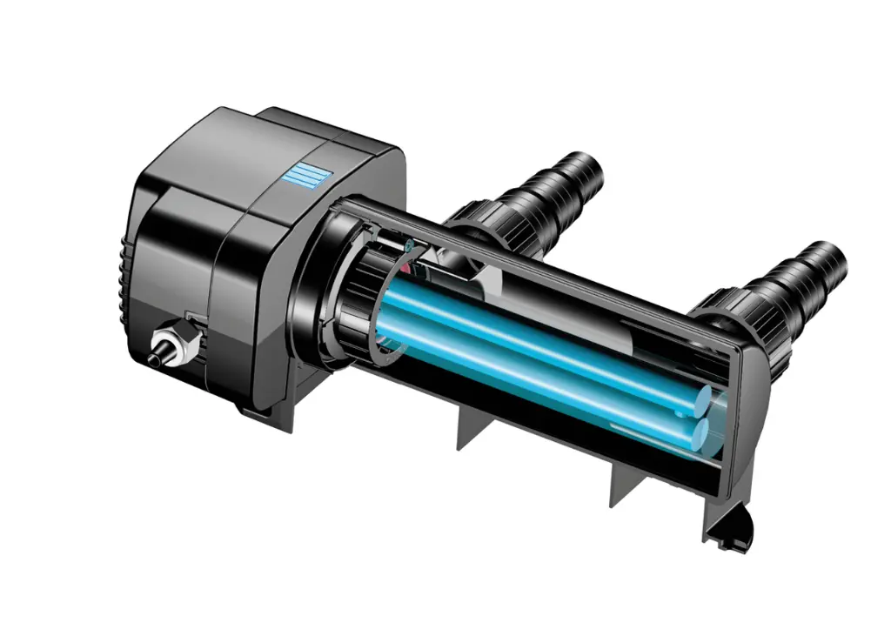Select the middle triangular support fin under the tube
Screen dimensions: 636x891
[471, 432]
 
